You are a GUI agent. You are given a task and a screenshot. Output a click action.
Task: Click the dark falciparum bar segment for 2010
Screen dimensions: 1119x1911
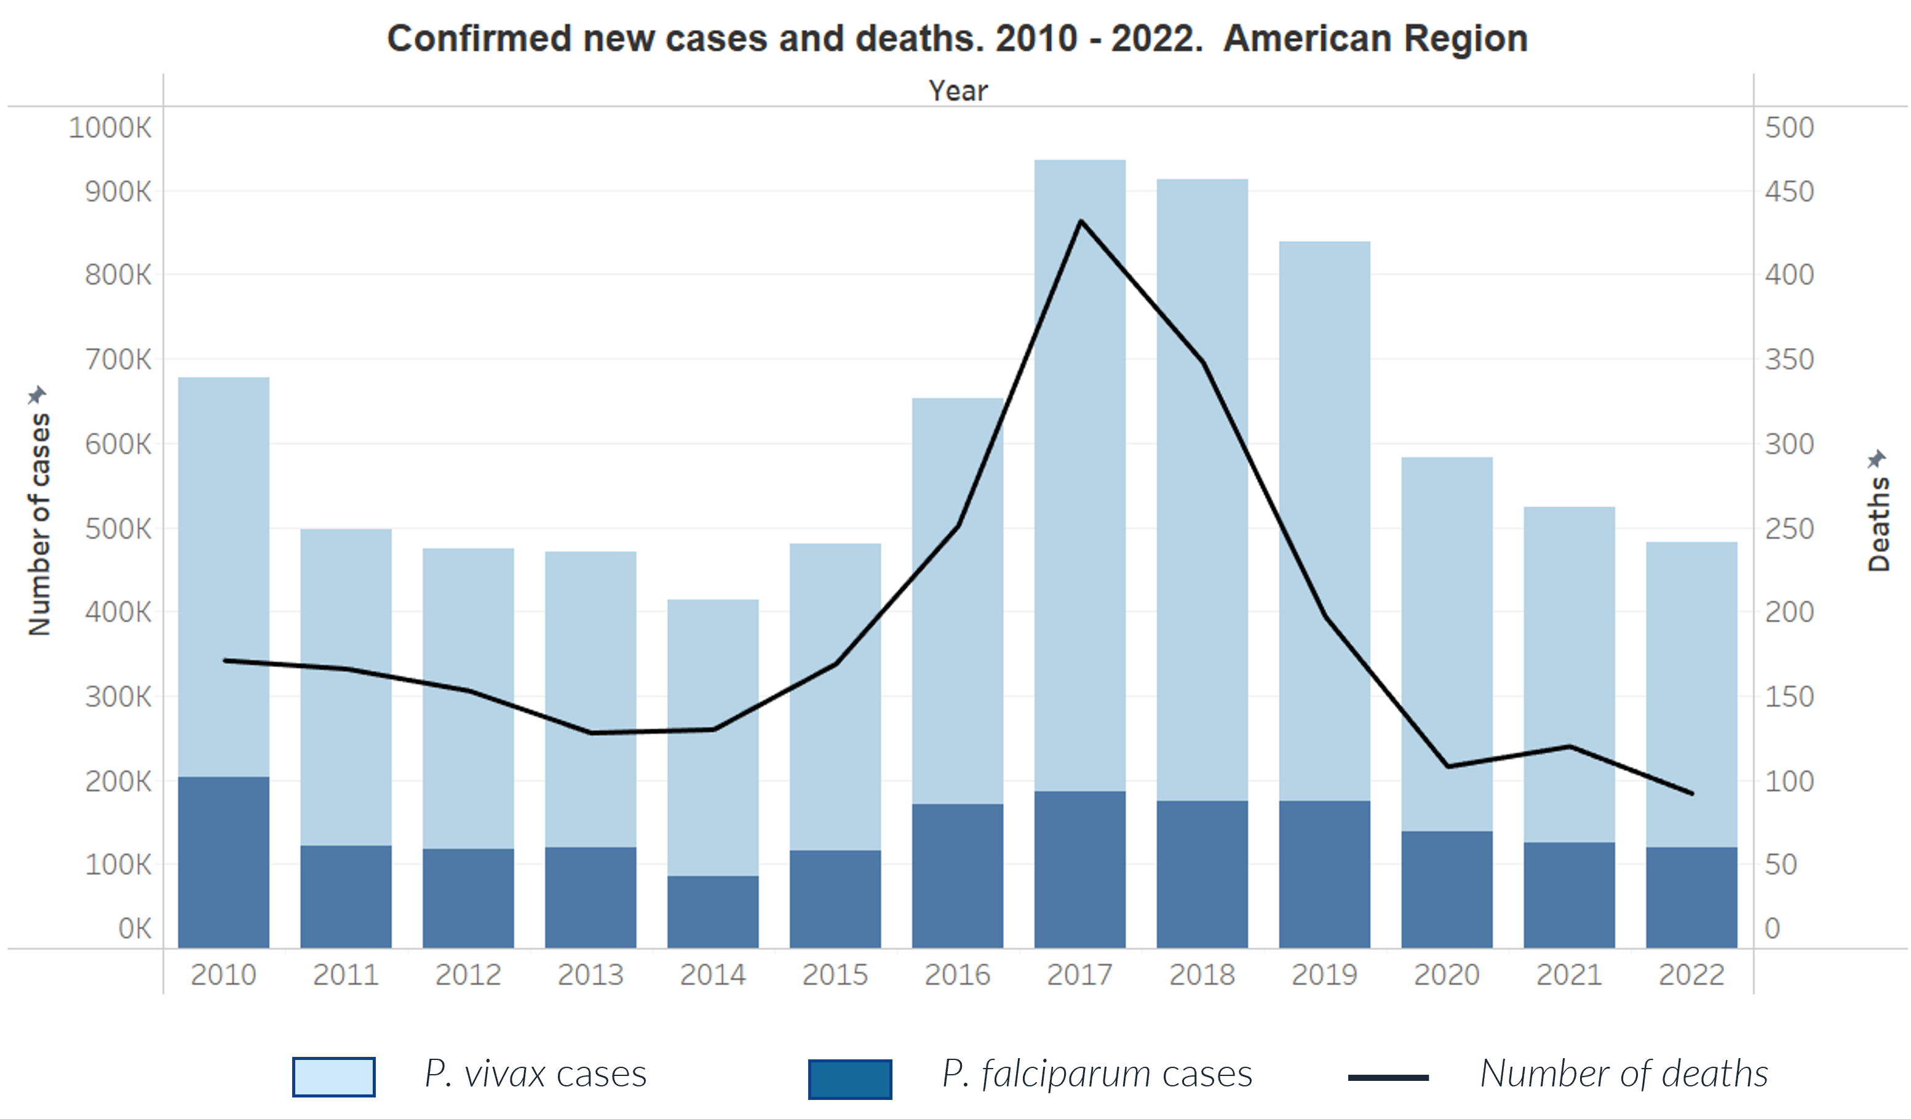(x=224, y=862)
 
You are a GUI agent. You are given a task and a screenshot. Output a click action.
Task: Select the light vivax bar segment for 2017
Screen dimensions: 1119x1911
(x=1080, y=470)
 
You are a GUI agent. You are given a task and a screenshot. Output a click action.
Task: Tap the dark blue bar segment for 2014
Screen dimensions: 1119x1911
(x=713, y=912)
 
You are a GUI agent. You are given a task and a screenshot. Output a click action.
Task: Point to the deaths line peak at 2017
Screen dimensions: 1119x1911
(x=1081, y=221)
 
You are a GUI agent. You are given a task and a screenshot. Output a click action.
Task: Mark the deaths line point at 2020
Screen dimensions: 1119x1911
(x=1448, y=767)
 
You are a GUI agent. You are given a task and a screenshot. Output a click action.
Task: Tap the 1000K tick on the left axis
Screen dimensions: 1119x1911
(x=111, y=127)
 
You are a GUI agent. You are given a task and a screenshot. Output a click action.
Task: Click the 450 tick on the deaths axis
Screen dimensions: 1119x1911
(x=1789, y=192)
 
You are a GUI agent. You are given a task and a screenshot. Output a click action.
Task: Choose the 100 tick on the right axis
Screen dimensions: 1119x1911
(x=1789, y=781)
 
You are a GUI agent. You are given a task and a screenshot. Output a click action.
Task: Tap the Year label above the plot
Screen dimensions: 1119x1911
(x=958, y=91)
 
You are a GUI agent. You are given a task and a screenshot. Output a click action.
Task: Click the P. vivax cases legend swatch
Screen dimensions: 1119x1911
(x=333, y=1077)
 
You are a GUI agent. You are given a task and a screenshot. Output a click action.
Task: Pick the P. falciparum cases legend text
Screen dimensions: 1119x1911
(x=1097, y=1074)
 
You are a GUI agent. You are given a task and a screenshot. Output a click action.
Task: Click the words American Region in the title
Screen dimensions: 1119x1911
(x=1375, y=38)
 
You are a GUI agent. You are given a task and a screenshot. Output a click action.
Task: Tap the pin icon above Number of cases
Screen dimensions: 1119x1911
(x=36, y=395)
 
